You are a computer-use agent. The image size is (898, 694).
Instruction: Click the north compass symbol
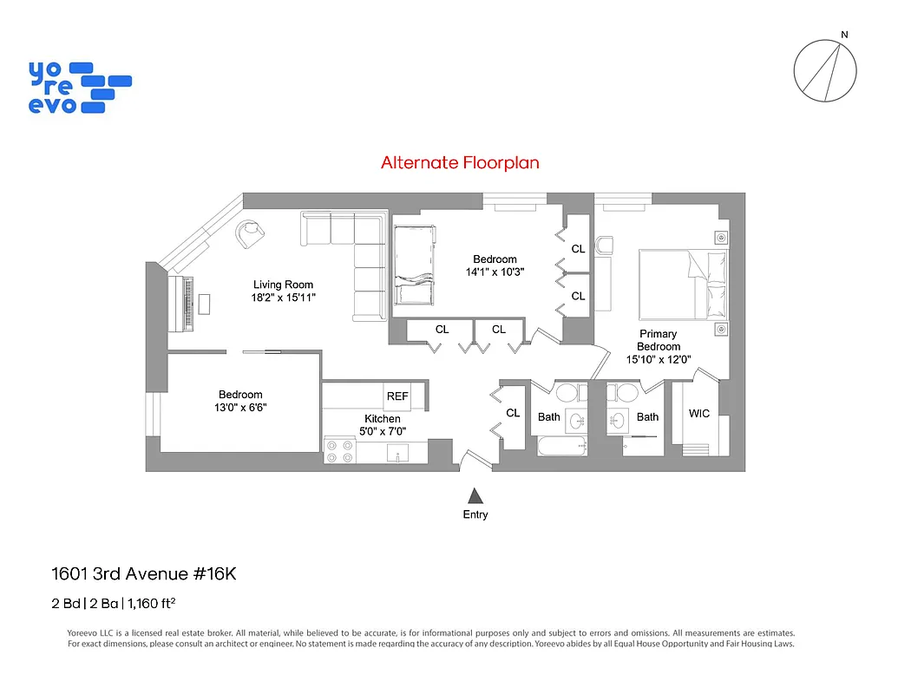(x=825, y=70)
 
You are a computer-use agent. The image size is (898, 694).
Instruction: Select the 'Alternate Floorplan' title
(x=461, y=162)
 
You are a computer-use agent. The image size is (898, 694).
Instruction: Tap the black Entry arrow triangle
(x=475, y=495)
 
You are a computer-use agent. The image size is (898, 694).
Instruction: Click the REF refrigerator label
(x=397, y=396)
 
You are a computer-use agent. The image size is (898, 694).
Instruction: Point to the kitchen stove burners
(x=338, y=451)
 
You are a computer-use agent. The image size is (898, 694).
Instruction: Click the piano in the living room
(x=188, y=304)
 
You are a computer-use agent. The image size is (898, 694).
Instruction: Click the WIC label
(x=698, y=414)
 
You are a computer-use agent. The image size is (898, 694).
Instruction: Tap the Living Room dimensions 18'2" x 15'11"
(x=283, y=298)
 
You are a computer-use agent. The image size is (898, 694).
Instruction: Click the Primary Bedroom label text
(x=658, y=340)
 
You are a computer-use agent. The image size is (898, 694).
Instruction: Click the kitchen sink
(x=397, y=454)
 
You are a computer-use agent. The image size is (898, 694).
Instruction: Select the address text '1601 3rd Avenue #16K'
(x=144, y=574)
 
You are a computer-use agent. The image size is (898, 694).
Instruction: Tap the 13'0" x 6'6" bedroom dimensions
(x=241, y=408)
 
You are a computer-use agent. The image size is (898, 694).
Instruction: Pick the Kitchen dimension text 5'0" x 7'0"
(x=383, y=431)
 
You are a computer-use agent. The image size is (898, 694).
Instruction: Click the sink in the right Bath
(x=619, y=422)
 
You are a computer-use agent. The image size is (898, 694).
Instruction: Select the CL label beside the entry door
(x=513, y=413)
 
